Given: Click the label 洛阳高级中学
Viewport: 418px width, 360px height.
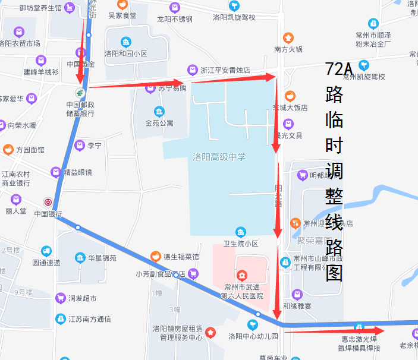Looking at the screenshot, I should pos(219,157).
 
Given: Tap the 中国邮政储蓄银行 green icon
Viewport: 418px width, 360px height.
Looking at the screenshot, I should pos(79,93).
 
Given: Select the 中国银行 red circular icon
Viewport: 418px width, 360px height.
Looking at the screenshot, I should pos(48,202).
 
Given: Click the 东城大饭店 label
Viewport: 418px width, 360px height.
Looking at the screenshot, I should pos(290,108).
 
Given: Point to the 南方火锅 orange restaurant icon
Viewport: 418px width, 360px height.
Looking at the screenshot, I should pos(288,37).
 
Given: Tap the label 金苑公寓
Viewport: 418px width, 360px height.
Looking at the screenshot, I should pos(159,124).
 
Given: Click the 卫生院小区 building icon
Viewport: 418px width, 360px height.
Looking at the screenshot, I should pos(240,232).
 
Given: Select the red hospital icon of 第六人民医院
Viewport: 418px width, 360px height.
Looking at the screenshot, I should pos(241,275).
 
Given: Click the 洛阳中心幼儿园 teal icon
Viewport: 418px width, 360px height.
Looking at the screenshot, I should pos(253,324).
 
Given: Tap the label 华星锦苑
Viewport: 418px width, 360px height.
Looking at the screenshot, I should pos(102,258).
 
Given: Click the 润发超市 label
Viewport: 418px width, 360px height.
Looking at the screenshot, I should pos(82,298).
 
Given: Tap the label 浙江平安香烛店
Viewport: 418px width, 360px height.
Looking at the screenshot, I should pos(224,70).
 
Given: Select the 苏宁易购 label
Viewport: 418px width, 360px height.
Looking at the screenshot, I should pos(171,88).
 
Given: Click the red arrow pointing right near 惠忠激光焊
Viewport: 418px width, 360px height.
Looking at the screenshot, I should pos(336,330).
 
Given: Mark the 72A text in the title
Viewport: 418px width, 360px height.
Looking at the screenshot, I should pos(339,69).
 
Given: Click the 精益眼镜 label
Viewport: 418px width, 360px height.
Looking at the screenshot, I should pos(78,173).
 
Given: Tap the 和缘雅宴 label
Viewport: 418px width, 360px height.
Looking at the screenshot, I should pos(297,307).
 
